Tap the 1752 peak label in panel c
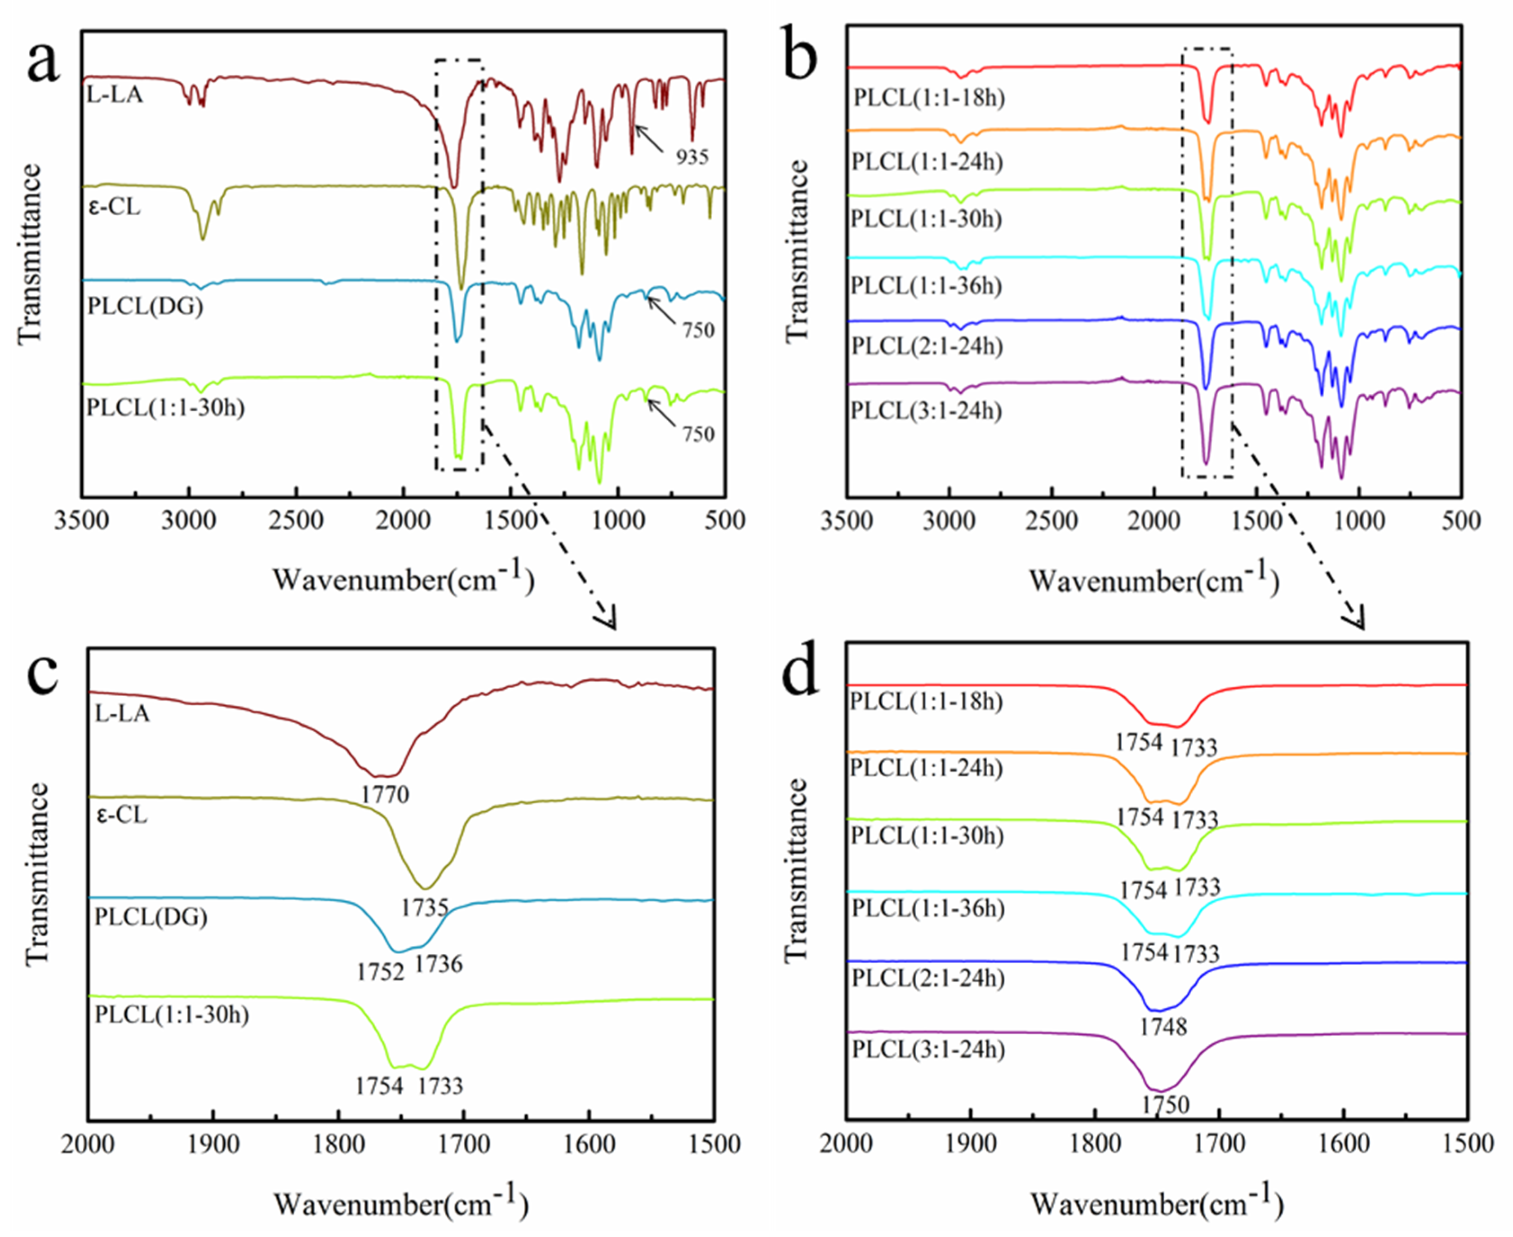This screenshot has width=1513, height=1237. coord(381,971)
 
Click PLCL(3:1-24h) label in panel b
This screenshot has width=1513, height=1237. coord(926,411)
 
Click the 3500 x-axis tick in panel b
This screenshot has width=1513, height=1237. coord(846,521)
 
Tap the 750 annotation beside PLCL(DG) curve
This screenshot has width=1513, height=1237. coord(698,330)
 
